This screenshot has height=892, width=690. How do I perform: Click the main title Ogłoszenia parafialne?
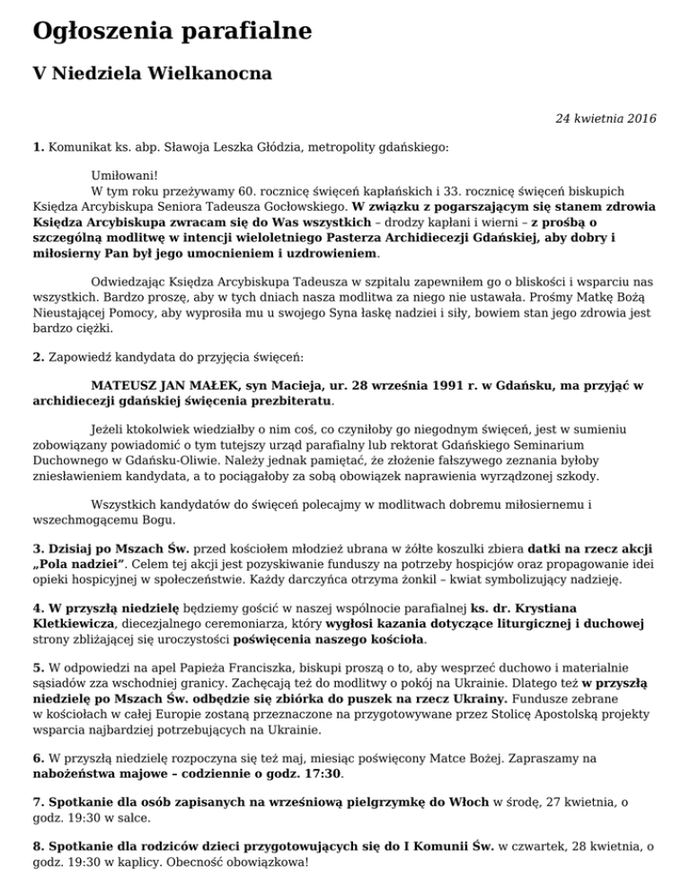click(x=172, y=32)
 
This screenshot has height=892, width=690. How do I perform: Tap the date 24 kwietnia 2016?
click(x=606, y=118)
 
